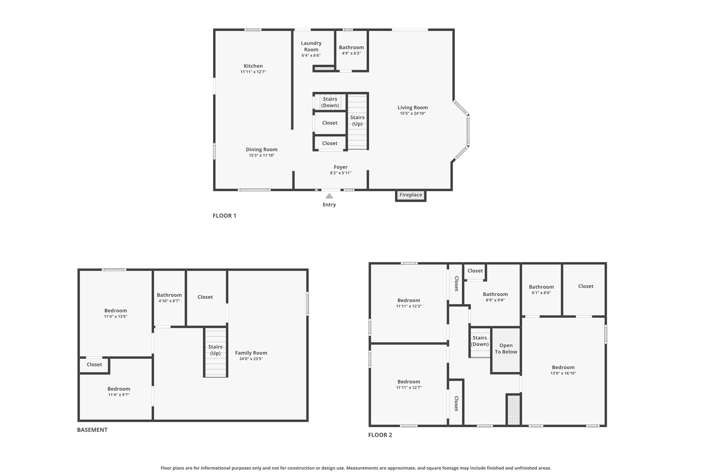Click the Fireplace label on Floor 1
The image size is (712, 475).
411,195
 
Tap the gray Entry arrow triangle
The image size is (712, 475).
329,196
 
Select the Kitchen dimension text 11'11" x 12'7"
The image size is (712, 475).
253,72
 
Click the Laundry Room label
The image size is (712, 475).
311,46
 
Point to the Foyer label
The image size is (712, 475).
340,167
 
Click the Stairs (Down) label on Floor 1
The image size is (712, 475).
330,102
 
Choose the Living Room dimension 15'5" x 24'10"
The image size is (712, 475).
413,113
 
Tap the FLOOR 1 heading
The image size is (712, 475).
224,216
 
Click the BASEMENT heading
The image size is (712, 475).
92,430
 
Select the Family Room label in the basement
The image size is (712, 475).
251,353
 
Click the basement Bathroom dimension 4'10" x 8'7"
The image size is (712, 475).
169,301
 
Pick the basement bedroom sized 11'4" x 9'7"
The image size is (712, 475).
119,391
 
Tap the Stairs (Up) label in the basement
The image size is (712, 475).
215,350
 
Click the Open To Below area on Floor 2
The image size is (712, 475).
506,349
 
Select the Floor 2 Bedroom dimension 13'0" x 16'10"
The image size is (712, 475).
563,373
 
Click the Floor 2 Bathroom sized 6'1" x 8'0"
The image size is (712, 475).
541,290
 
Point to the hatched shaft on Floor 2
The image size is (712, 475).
513,410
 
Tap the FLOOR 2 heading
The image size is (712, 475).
380,435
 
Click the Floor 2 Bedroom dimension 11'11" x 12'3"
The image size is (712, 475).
408,306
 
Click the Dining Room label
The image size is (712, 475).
261,150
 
